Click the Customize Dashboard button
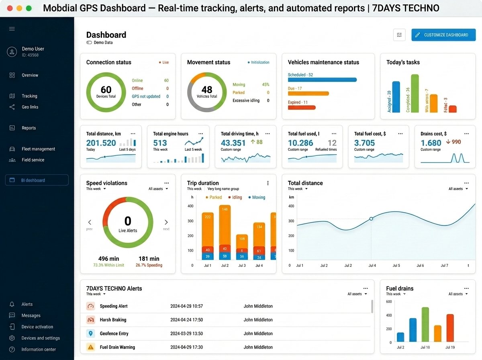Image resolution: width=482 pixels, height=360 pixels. pos(443,35)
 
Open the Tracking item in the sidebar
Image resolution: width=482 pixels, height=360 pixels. pos(29,96)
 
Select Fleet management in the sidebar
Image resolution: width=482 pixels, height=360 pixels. pos(38,149)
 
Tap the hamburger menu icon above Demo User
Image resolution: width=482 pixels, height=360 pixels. pos(12,29)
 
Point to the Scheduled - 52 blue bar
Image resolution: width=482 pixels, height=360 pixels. pos(322,80)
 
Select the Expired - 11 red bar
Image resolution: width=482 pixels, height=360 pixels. pos(302,108)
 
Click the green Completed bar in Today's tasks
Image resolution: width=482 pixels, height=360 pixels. pos(415,94)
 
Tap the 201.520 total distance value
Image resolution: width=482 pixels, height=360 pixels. pos(101,143)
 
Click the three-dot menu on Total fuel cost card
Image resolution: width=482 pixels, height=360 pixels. pos(400,134)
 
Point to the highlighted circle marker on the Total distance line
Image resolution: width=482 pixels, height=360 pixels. pos(371,219)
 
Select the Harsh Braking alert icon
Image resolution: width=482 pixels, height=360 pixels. pos(90,320)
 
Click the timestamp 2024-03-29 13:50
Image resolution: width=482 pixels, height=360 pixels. pos(186,333)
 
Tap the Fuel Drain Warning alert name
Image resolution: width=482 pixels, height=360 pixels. pos(117,347)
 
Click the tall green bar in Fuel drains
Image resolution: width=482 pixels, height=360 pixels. pos(425,325)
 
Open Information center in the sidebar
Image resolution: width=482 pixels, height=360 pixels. pos(39,350)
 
